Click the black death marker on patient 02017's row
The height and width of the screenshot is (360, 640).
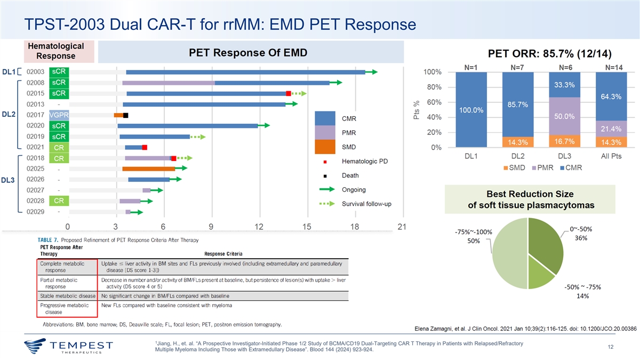pos(125,115)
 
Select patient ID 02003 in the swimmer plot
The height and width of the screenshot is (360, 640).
pos(35,72)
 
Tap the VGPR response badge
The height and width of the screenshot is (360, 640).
pos(58,115)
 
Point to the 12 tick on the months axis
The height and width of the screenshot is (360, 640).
pos(259,227)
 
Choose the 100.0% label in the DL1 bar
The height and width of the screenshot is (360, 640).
pos(471,110)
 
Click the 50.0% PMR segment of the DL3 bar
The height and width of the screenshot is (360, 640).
pos(565,116)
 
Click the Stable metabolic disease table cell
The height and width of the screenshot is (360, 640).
pos(67,295)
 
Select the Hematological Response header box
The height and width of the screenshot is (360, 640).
pos(55,51)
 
